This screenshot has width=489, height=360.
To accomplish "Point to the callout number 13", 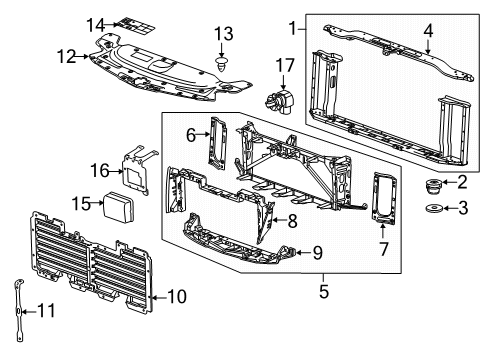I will (x=222, y=37).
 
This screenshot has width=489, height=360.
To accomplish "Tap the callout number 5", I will (x=324, y=294).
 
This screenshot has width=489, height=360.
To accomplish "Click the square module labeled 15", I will (x=124, y=206).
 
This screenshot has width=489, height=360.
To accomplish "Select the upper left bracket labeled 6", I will (x=217, y=146).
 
